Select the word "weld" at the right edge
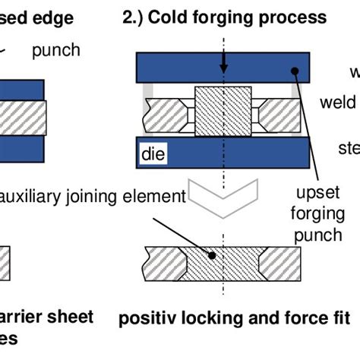click(337, 102)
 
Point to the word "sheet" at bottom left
click(70, 316)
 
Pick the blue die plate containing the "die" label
click(220, 155)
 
